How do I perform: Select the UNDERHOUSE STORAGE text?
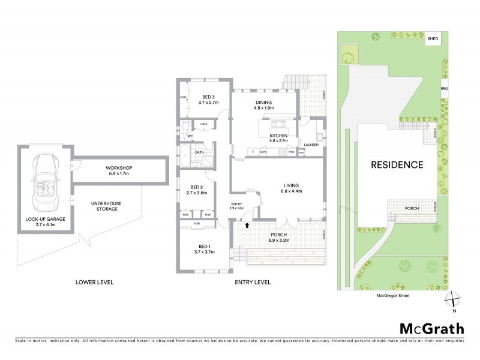point(106,207)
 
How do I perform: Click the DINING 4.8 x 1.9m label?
point(265,105)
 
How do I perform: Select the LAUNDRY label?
point(311,145)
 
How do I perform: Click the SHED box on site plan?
point(433,40)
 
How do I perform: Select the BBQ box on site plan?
point(445,88)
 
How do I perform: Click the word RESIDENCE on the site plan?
point(397,164)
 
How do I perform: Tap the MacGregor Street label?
point(392,295)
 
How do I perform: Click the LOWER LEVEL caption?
point(94,282)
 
